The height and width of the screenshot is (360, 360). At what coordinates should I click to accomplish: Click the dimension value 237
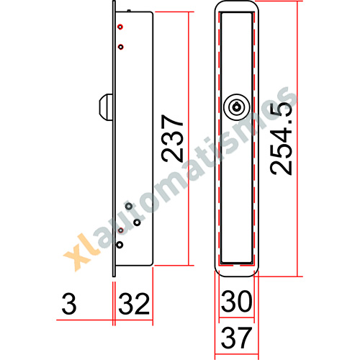pyautogui.click(x=172, y=138)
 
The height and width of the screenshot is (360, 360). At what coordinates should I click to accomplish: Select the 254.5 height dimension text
pyautogui.click(x=281, y=139)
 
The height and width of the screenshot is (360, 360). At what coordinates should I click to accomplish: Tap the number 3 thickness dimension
pyautogui.click(x=69, y=304)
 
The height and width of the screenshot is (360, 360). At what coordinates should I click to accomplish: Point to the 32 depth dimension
pyautogui.click(x=134, y=304)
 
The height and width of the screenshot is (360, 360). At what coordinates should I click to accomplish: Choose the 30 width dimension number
pyautogui.click(x=237, y=301)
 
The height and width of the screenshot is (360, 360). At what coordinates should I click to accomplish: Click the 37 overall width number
pyautogui.click(x=236, y=338)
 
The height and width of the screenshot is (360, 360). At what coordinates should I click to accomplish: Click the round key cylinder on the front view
pyautogui.click(x=237, y=107)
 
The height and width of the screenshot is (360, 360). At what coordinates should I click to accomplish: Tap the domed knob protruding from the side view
pyautogui.click(x=106, y=107)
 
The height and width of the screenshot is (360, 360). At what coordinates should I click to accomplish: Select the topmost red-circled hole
pyautogui.click(x=120, y=27)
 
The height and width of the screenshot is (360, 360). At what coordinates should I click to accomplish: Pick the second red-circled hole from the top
pyautogui.click(x=121, y=47)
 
